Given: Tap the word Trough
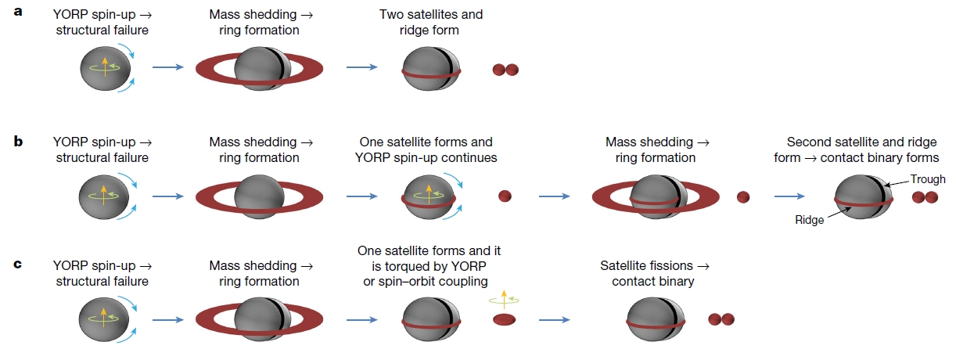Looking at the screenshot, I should point(928,179).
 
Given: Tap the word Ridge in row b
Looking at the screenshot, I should point(809,220).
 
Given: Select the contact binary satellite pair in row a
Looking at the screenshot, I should point(505,70).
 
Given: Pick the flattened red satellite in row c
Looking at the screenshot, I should point(505,319).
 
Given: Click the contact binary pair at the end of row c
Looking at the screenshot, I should point(721,319).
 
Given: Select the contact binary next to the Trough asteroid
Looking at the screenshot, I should point(925,197).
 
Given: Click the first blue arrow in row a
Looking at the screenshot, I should point(167,67).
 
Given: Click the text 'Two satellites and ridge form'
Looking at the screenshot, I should point(430,22).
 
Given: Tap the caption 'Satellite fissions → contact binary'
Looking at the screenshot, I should point(652,273).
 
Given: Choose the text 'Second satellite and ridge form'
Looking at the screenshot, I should point(861,149).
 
